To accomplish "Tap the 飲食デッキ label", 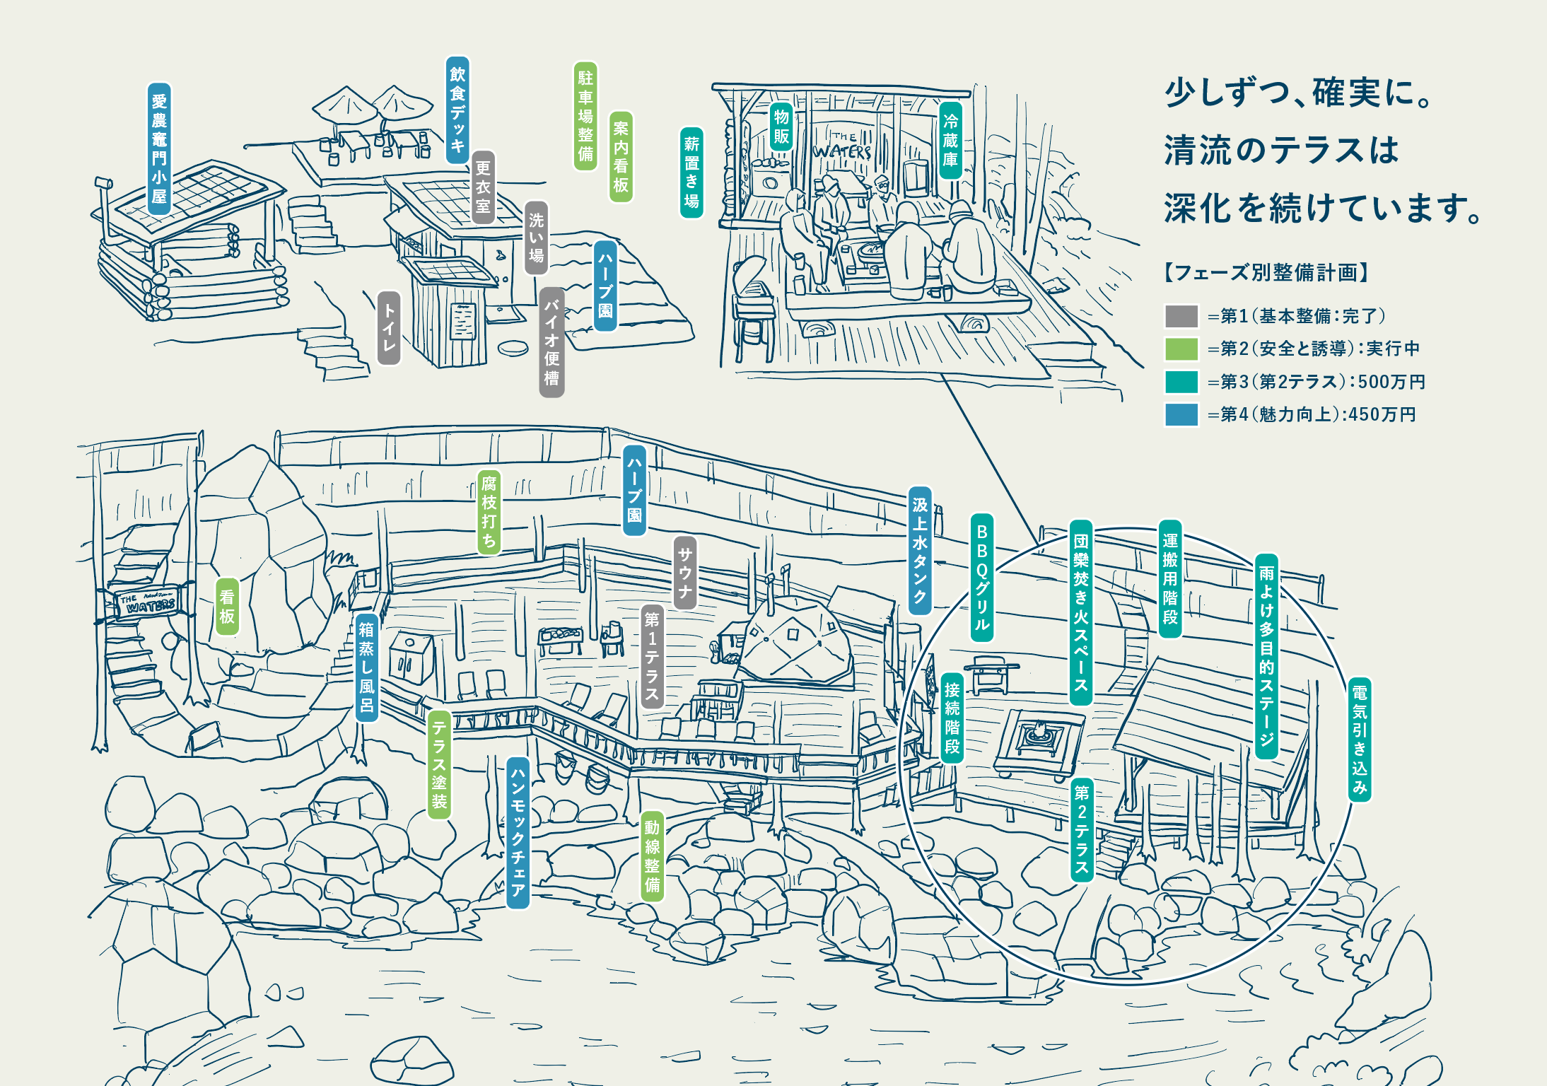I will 458,110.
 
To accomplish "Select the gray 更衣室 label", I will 483,187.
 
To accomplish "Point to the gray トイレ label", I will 389,328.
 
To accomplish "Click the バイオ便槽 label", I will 551,342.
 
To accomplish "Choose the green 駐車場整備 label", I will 585,116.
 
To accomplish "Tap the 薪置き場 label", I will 691,173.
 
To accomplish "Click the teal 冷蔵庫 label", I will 950,140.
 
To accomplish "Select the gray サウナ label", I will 684,573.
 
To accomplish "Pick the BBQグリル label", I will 981,577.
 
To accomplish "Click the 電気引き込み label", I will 1359,740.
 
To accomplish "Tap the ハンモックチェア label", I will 518,833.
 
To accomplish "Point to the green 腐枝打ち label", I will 489,512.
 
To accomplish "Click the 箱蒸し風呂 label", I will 366,667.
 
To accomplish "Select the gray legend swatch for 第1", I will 1181,316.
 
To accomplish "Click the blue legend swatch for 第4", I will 1181,414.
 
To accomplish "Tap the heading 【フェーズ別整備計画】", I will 1266,272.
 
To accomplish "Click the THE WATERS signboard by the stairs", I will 148,603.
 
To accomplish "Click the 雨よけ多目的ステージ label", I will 1266,656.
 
